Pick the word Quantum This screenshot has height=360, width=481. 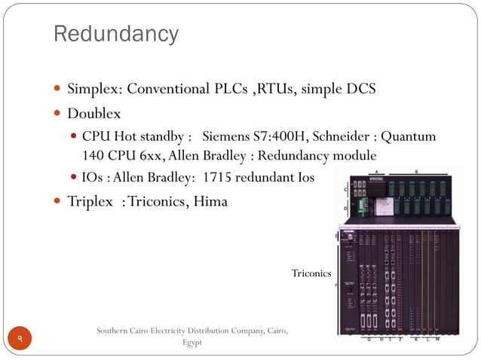click(409, 137)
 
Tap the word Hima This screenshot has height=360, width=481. click(210, 202)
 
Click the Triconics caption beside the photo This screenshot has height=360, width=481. click(311, 273)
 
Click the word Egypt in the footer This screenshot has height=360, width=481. click(193, 343)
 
